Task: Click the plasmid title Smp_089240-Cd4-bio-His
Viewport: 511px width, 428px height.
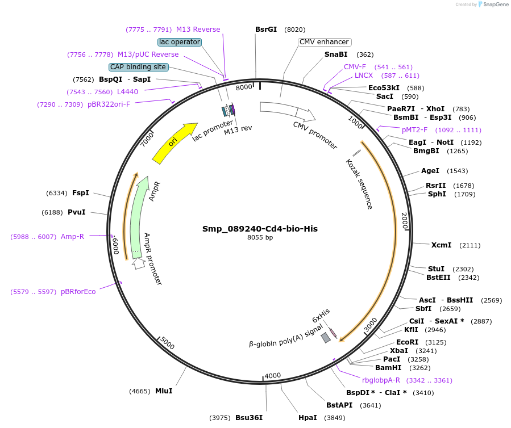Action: [x=260, y=229]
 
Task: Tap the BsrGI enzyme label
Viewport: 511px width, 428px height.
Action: [x=266, y=29]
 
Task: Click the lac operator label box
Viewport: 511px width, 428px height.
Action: [x=180, y=42]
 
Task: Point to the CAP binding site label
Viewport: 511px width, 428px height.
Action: [x=139, y=67]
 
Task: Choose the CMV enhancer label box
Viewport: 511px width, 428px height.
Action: [x=324, y=42]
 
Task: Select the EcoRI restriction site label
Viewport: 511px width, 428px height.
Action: [x=407, y=342]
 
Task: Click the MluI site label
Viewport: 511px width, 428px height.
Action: [x=164, y=391]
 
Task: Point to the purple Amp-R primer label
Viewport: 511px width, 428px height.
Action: [x=72, y=236]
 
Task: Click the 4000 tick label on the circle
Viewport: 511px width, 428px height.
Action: [x=273, y=375]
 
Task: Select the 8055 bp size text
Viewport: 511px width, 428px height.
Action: [x=260, y=237]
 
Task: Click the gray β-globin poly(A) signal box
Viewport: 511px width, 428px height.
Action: [x=326, y=338]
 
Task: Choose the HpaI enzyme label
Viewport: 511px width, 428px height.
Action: [x=308, y=417]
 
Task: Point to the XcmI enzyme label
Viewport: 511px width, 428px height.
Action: [x=441, y=245]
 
